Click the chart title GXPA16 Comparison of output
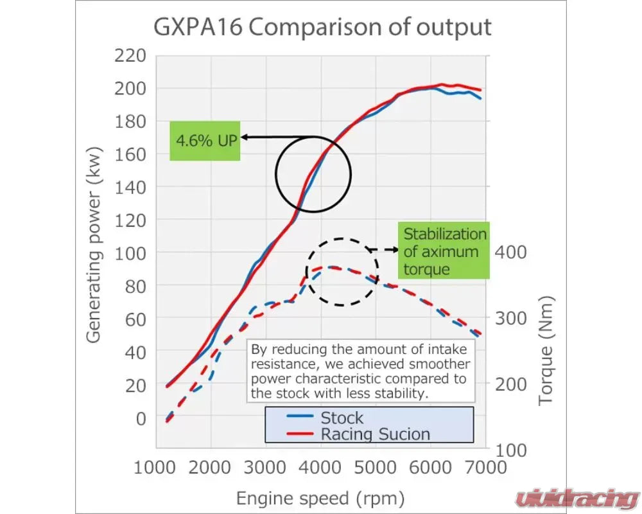coord(322,26)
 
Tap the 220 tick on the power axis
coord(130,55)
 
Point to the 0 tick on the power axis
coord(139,418)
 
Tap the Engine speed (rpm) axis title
coord(320,498)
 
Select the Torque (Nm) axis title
coord(546,350)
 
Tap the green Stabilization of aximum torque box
coord(444,251)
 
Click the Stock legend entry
coord(342,418)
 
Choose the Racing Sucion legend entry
coord(375,434)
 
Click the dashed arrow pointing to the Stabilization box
coord(383,249)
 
